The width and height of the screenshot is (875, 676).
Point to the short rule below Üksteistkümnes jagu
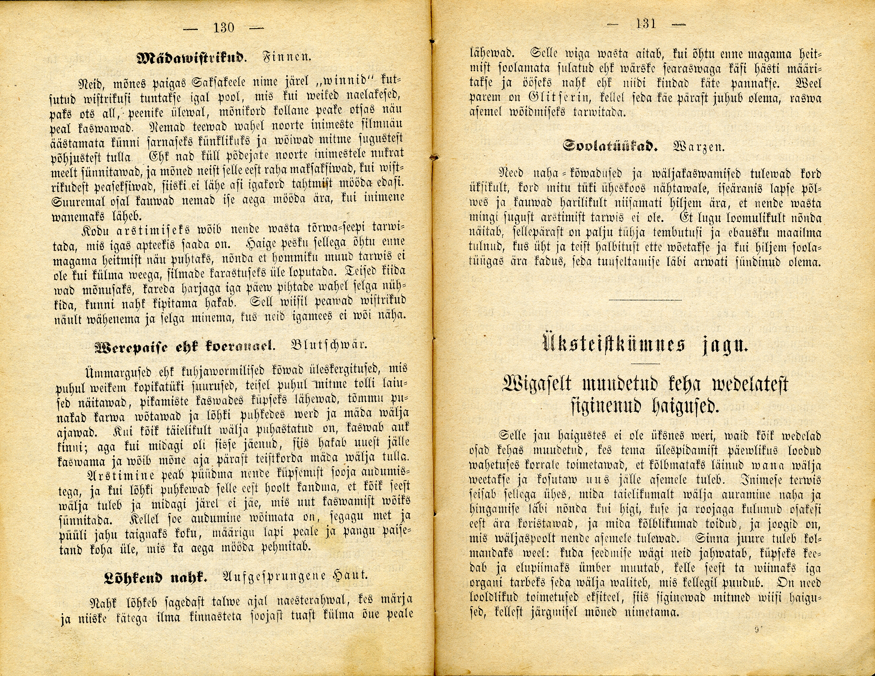(x=645, y=363)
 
